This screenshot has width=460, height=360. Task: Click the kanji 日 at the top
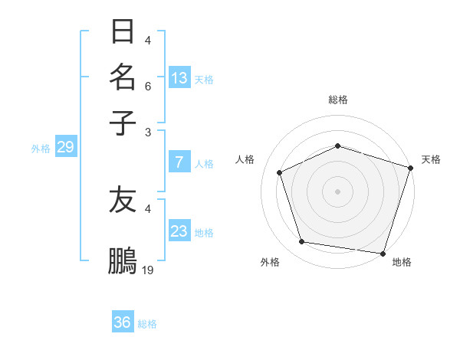(123, 32)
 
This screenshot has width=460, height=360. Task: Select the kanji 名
(123, 77)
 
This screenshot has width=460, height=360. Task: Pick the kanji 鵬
(123, 260)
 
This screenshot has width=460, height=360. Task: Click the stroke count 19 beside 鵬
(148, 270)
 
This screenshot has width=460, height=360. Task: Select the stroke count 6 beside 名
(148, 87)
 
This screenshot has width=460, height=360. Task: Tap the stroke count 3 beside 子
(148, 132)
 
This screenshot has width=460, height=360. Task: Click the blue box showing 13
(179, 77)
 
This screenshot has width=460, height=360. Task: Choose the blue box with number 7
(179, 162)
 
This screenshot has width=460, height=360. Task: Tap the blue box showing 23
(179, 231)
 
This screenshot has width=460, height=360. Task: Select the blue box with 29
(65, 147)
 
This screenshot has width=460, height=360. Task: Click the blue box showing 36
(122, 322)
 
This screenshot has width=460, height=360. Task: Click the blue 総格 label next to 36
(147, 324)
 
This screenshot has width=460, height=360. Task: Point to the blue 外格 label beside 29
(40, 149)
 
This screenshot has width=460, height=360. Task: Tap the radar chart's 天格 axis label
(431, 159)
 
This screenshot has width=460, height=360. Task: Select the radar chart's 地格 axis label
(402, 262)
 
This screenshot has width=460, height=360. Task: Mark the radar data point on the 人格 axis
(280, 172)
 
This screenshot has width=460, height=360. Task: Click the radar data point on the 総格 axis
(337, 146)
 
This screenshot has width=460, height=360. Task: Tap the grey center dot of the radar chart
(337, 191)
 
